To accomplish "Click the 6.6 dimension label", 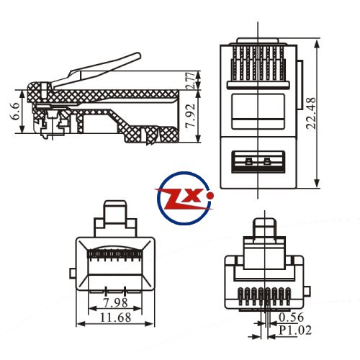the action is click(x=14, y=111).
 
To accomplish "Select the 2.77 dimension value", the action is click(x=192, y=81).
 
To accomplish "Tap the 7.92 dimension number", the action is click(x=192, y=116).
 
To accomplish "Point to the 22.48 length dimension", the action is click(x=312, y=113).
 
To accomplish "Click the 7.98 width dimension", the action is click(x=115, y=302).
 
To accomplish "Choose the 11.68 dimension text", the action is click(x=116, y=318).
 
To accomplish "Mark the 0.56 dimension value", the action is click(x=292, y=318).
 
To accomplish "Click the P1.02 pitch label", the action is click(x=295, y=330).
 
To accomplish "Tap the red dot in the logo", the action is click(x=210, y=196).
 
